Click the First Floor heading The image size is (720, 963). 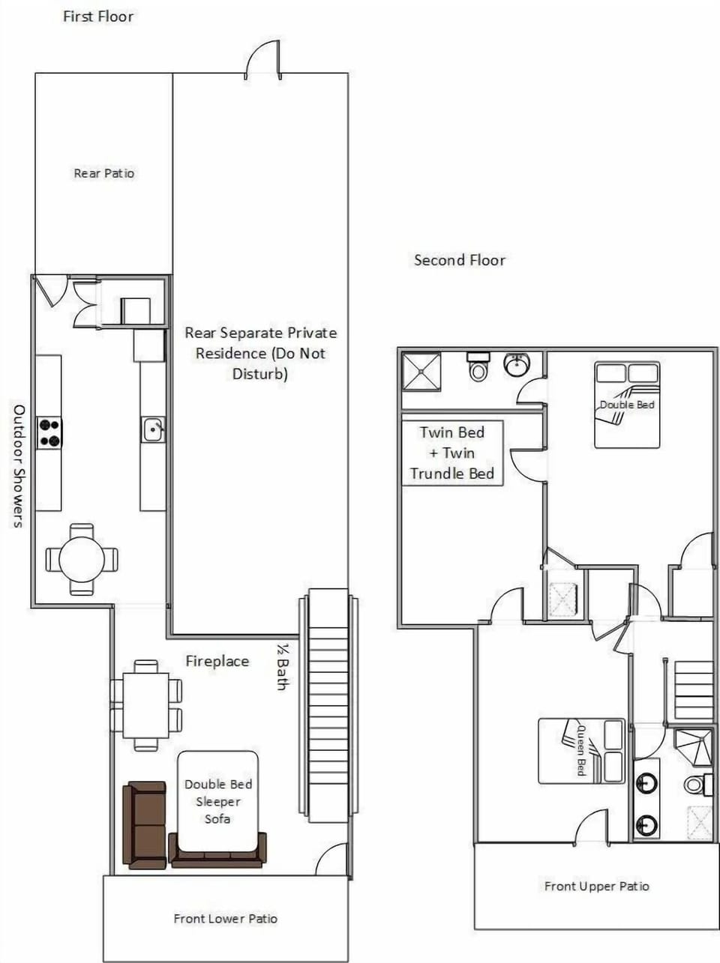pos(98,16)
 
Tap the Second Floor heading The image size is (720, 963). pos(460,260)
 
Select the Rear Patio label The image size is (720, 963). pos(103,173)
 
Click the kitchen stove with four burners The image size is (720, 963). pos(49,433)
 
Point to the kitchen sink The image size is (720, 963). pos(153,430)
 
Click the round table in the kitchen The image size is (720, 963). pos(82,559)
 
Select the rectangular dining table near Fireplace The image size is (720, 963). pos(145,704)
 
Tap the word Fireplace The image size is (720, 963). pos(217,661)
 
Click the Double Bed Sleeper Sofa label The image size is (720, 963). pos(217,801)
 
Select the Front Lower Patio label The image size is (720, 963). pos(225,918)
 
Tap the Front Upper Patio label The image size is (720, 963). pos(596,886)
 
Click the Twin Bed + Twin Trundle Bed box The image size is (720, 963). pos(452,453)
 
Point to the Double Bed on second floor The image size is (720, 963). pos(627,405)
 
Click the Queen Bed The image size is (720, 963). pos(582,751)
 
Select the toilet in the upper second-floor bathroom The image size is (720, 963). pos(478,367)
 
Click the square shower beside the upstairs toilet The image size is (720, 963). pos(421,372)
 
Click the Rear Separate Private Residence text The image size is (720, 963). pos(260,352)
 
